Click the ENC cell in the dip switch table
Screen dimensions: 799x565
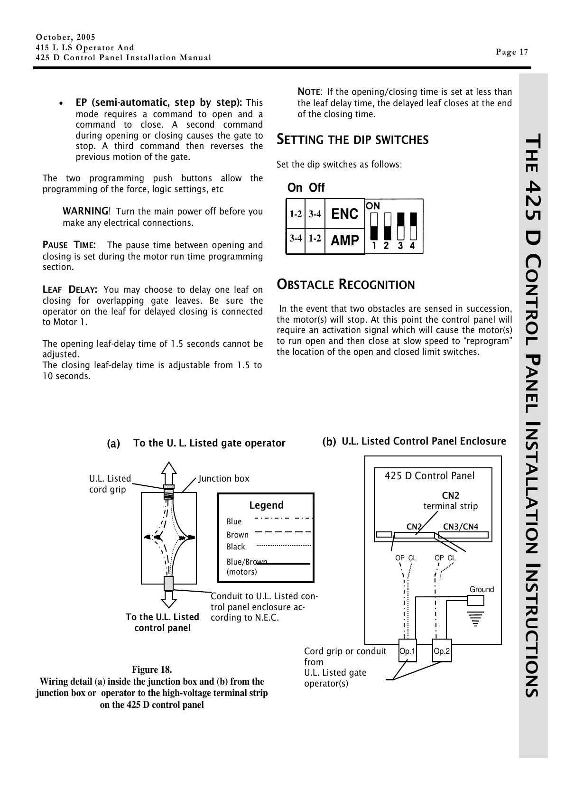(344, 214)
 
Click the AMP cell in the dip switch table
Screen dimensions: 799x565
(344, 241)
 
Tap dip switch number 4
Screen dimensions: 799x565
(413, 226)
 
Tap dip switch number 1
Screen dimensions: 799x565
(374, 226)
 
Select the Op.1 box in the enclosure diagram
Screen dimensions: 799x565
(408, 651)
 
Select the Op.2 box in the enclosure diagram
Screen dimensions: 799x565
(442, 651)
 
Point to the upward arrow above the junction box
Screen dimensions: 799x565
(169, 473)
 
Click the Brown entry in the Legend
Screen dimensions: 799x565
(238, 535)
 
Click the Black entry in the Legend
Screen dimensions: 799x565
(236, 547)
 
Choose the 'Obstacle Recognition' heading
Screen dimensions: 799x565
(346, 285)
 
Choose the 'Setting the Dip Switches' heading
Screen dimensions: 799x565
(352, 139)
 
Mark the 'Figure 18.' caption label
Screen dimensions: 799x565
(152, 669)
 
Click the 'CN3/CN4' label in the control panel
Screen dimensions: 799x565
(461, 527)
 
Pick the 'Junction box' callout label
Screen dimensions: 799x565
(224, 478)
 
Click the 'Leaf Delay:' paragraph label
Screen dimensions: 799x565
(70, 289)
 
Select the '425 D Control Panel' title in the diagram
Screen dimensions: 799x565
(429, 476)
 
